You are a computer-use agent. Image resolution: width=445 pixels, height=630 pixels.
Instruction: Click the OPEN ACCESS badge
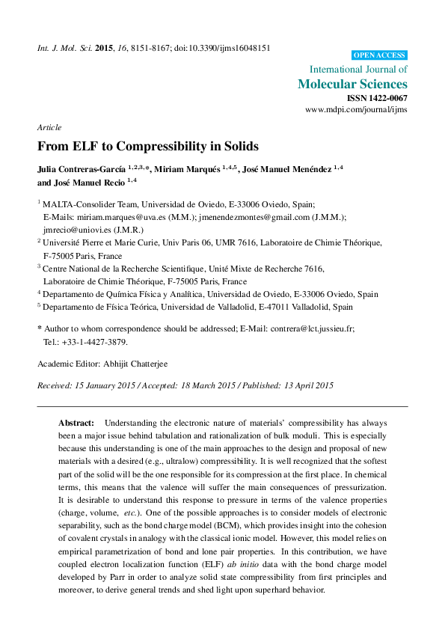click(x=379, y=55)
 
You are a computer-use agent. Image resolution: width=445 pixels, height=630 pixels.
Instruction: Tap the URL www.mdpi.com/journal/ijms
click(x=356, y=109)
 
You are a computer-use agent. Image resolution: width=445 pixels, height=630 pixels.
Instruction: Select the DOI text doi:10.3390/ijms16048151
click(x=224, y=48)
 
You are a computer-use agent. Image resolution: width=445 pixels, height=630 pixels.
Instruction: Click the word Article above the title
click(x=49, y=128)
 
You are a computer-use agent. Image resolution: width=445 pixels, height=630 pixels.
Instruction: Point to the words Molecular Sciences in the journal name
click(x=352, y=84)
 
